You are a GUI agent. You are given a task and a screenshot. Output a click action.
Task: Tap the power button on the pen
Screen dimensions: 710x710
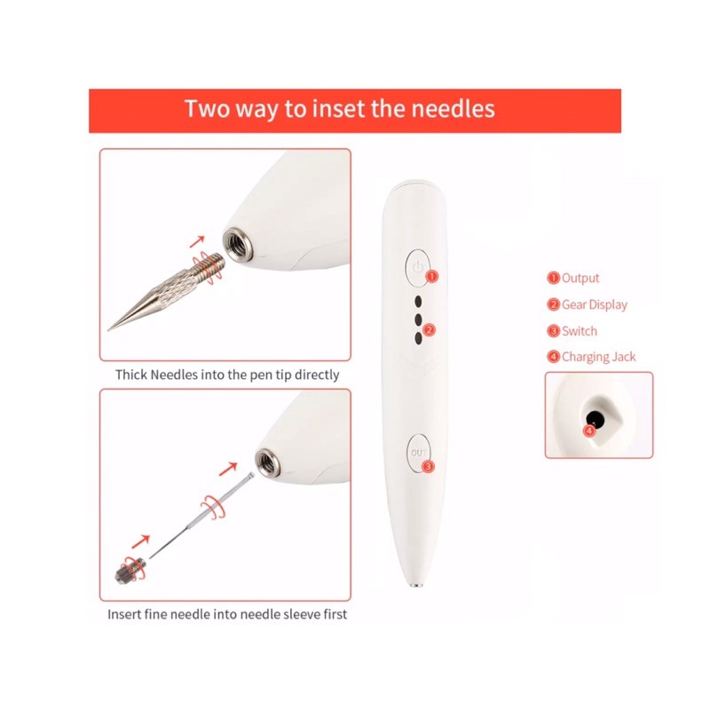pyautogui.click(x=416, y=268)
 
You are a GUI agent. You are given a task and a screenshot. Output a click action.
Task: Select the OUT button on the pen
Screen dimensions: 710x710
pyautogui.click(x=418, y=454)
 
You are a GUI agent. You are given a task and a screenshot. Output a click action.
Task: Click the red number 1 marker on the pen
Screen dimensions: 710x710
pyautogui.click(x=432, y=276)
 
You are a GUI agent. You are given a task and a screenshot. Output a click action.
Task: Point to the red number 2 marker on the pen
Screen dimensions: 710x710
pyautogui.click(x=429, y=329)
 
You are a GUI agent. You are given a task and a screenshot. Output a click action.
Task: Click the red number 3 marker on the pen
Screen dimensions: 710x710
pyautogui.click(x=428, y=467)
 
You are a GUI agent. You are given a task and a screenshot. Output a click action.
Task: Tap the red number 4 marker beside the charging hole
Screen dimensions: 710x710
pyautogui.click(x=589, y=430)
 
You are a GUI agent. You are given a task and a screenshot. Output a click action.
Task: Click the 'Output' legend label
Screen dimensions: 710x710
pyautogui.click(x=580, y=278)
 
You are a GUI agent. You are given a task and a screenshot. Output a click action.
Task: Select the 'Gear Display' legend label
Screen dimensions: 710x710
pyautogui.click(x=595, y=304)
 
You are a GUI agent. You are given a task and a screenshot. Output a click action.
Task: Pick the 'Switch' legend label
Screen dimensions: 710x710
pyautogui.click(x=580, y=331)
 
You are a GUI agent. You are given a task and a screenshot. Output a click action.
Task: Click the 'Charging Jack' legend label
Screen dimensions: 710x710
pyautogui.click(x=598, y=358)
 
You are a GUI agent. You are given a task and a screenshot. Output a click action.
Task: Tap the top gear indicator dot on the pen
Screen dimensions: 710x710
pyautogui.click(x=418, y=302)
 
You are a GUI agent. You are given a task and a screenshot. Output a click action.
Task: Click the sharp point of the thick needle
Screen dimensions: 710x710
pyautogui.click(x=108, y=330)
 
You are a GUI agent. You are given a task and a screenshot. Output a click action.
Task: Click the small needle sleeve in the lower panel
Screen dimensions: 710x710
pyautogui.click(x=131, y=572)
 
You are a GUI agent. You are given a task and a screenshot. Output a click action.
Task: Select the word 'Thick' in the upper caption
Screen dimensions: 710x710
pyautogui.click(x=131, y=375)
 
